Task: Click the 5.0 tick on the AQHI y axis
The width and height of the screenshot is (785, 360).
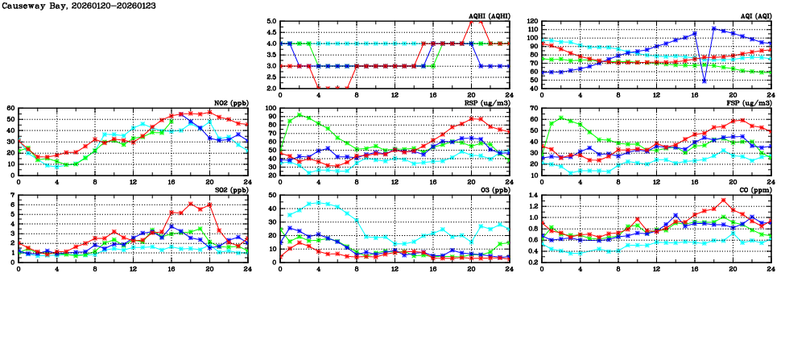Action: (x=271, y=22)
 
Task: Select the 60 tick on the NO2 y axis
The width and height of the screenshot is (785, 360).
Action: (x=10, y=109)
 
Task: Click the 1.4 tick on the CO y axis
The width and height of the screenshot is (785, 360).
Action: (x=533, y=196)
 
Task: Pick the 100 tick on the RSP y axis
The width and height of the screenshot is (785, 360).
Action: (x=270, y=109)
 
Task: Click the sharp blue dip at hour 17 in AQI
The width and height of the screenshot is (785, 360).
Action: (x=704, y=81)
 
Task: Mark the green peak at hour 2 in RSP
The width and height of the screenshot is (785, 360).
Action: (x=300, y=114)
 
